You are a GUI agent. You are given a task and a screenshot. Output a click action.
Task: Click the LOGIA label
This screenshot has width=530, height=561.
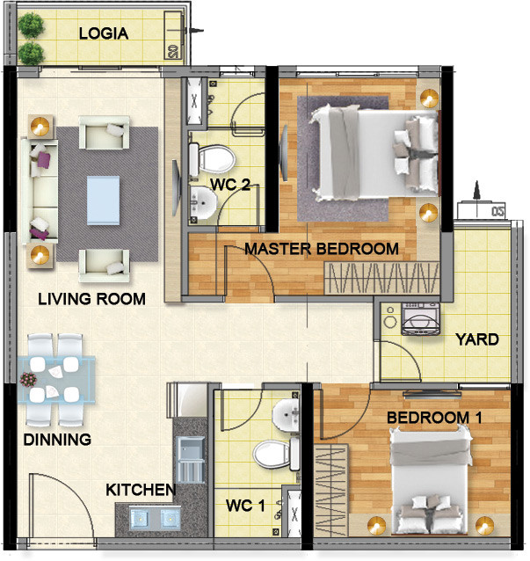coord(104,34)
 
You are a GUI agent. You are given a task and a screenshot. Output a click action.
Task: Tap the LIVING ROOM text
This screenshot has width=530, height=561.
coord(91,300)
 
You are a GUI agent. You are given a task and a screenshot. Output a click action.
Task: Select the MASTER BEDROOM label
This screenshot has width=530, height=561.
coord(321,249)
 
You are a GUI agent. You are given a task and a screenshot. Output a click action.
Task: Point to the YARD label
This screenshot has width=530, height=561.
coord(476,339)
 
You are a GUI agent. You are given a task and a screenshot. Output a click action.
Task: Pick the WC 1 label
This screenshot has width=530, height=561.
coord(245,506)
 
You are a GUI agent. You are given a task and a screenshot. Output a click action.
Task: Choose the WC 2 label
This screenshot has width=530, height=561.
coord(229,185)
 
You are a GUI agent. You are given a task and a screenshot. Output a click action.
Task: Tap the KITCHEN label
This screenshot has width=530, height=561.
coord(141,490)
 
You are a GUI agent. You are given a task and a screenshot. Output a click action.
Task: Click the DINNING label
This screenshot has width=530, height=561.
coord(57,440)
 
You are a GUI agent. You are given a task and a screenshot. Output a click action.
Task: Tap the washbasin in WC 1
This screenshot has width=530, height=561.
coord(285,415)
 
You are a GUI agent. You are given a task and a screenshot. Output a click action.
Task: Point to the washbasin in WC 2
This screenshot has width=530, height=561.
coord(203,205)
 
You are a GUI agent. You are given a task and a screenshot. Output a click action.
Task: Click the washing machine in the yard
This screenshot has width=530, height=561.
coord(420,317)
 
